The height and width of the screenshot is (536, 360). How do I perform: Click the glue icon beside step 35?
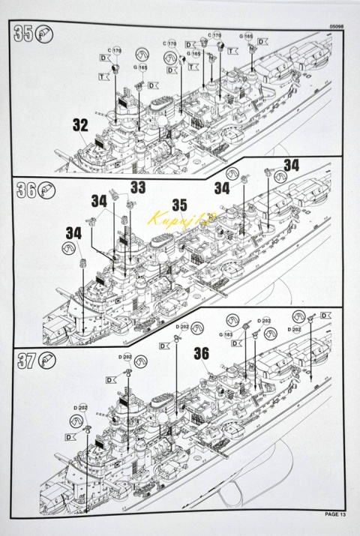pyautogui.click(x=44, y=35)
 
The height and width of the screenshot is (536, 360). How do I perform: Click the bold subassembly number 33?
pyautogui.click(x=138, y=187)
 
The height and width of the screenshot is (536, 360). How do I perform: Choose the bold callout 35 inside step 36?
pyautogui.click(x=179, y=204)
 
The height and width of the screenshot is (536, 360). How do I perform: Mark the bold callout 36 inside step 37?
pyautogui.click(x=201, y=352)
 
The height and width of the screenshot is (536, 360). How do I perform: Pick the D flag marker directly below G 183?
pyautogui.click(x=235, y=343)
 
